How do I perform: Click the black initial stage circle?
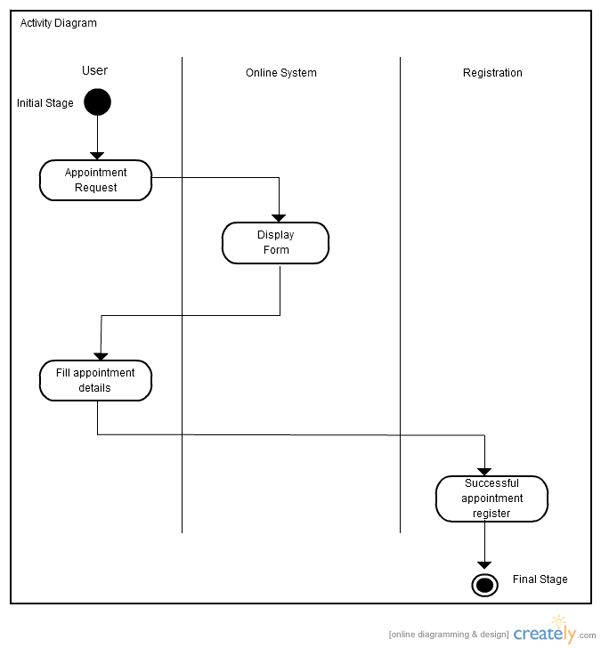97,102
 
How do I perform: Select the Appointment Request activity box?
95,181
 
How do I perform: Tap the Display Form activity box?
275,243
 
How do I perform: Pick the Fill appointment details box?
95,381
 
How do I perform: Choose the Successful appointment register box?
491,498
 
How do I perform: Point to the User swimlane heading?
94,70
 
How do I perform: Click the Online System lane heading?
281,73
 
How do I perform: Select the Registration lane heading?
492,73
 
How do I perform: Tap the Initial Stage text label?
45,103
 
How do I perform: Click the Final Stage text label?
540,579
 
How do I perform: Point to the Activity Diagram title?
59,23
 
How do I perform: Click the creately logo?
544,632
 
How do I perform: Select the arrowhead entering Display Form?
279,217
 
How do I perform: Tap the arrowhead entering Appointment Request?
97,156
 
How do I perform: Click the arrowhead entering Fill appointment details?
101,356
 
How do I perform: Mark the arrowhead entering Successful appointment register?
484,471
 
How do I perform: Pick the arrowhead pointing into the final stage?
484,564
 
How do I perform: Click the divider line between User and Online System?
183,294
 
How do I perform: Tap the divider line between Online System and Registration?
400,294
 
